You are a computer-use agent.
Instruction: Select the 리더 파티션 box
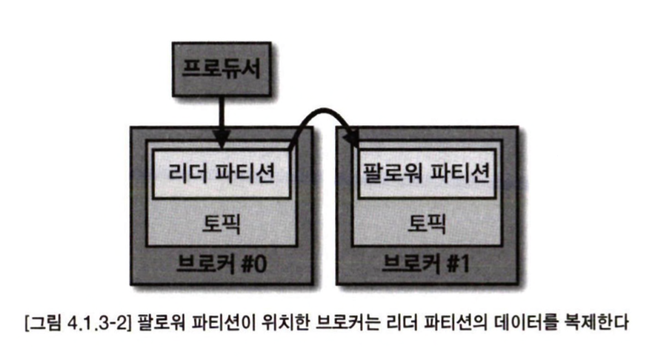[x=221, y=175]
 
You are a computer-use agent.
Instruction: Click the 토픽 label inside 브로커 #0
[x=220, y=221]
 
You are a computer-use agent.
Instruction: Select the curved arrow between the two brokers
[x=319, y=119]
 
